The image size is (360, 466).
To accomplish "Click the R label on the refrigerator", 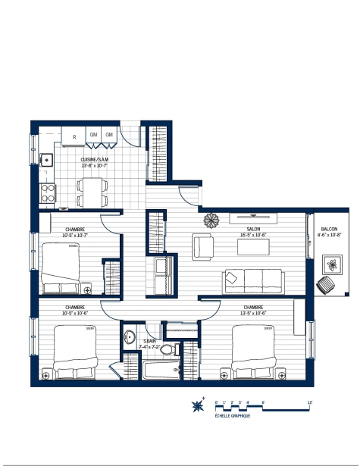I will coord(74,136).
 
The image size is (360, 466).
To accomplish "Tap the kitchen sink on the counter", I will coord(45,160).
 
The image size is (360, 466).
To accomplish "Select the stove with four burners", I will coord(48,193).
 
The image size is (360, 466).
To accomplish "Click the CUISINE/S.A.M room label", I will coord(95,159).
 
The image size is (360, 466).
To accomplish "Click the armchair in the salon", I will coord(202,246).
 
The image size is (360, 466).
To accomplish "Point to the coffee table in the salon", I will coord(252,247).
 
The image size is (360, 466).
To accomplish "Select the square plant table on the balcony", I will coord(333,264).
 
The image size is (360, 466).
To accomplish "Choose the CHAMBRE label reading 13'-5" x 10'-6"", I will coord(254,309).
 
